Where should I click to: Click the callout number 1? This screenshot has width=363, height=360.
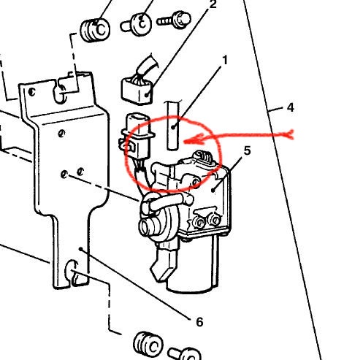(225, 60)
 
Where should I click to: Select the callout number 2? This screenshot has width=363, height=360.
(213, 4)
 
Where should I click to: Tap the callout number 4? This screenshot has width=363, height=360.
(290, 107)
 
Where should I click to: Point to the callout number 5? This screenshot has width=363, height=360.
(247, 150)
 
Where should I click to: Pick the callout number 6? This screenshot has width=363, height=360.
(199, 322)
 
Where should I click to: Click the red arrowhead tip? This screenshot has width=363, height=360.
(184, 141)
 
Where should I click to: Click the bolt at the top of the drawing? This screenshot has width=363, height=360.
(174, 19)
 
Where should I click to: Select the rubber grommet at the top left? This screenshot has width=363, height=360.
(95, 30)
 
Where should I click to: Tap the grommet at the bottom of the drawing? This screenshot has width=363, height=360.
(148, 345)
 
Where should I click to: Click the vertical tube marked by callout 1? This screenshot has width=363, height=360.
(173, 125)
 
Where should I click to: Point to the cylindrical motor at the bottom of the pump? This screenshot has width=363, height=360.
(193, 265)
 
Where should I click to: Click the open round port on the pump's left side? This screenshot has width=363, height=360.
(147, 226)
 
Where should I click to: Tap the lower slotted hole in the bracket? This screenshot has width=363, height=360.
(72, 272)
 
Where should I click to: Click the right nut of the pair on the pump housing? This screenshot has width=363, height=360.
(215, 220)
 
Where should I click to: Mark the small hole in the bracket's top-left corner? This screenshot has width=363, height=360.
(31, 92)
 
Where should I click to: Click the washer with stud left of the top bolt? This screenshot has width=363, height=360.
(137, 25)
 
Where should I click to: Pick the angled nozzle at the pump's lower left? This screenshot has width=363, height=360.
(163, 264)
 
